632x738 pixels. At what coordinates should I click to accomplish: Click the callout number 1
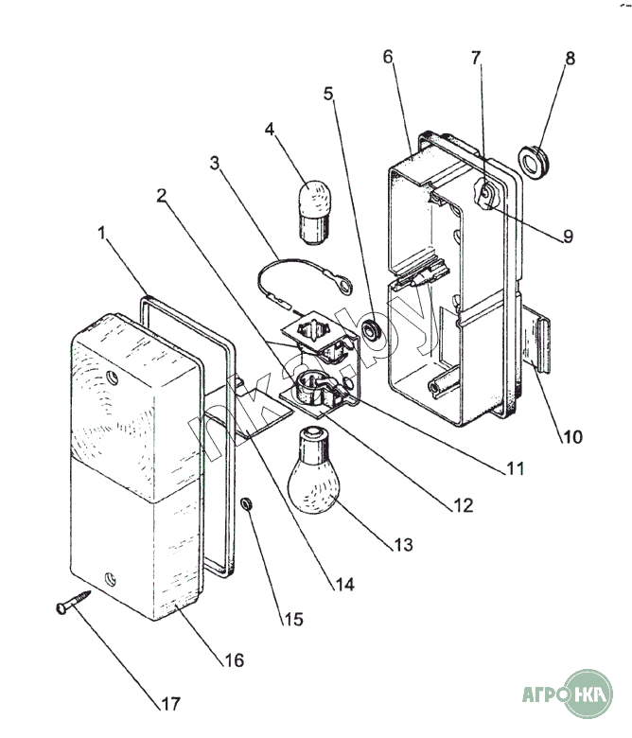(x=101, y=232)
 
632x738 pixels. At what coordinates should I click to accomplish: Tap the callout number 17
(x=170, y=704)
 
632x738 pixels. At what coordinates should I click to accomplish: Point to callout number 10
(x=571, y=437)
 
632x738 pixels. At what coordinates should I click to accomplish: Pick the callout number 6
(x=389, y=56)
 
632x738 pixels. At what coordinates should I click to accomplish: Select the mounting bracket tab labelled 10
(x=540, y=343)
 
